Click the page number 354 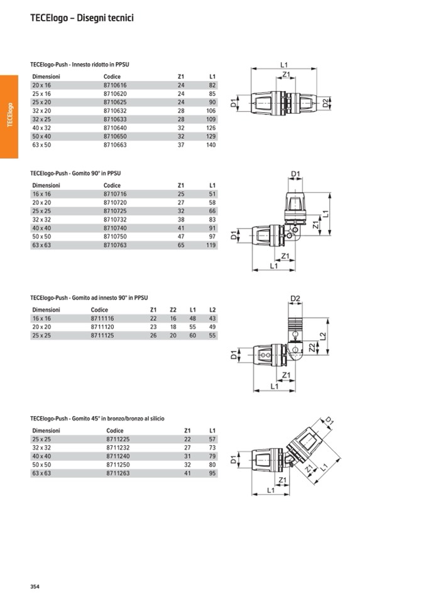click(x=35, y=586)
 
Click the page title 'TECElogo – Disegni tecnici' click(x=82, y=18)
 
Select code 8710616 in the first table click(x=115, y=85)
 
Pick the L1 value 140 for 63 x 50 click(x=210, y=145)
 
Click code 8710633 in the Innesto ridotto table click(x=115, y=119)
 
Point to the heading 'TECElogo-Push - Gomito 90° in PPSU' click(x=75, y=173)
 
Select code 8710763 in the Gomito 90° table click(x=115, y=245)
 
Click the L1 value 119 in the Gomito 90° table click(x=210, y=245)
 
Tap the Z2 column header click(x=173, y=310)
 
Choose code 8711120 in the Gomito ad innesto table click(x=102, y=327)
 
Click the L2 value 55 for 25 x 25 click(x=212, y=336)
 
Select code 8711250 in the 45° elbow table click(x=117, y=465)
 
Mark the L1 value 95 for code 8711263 click(x=212, y=473)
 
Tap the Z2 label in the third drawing click(x=312, y=348)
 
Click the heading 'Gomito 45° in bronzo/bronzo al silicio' click(x=97, y=418)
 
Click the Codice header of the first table click(x=112, y=77)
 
